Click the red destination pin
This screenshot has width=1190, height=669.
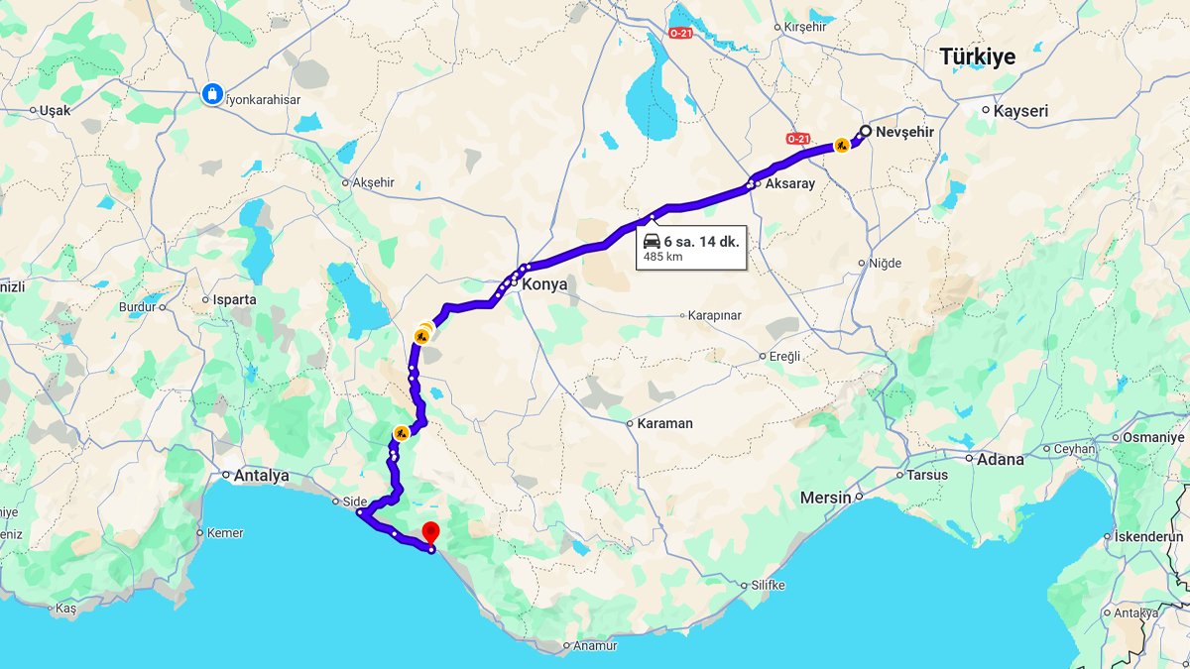pyautogui.click(x=430, y=533)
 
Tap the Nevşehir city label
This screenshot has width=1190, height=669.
pyautogui.click(x=905, y=131)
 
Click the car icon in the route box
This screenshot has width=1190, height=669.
pyautogui.click(x=652, y=241)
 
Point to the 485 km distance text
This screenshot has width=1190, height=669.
pyautogui.click(x=663, y=257)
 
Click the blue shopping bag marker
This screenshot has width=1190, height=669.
pyautogui.click(x=211, y=94)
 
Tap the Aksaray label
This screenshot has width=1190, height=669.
pyautogui.click(x=789, y=184)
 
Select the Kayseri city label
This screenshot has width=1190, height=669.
pyautogui.click(x=1020, y=111)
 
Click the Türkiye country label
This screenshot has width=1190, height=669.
pyautogui.click(x=977, y=57)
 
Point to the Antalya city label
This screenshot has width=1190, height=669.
pyautogui.click(x=261, y=476)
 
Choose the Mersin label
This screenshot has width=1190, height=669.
pyautogui.click(x=826, y=497)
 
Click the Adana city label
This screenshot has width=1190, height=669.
pyautogui.click(x=1000, y=459)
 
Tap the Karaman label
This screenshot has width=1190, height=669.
pyautogui.click(x=665, y=423)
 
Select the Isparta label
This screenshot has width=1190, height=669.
pyautogui.click(x=234, y=299)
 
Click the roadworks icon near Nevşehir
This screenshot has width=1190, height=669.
pyautogui.click(x=841, y=146)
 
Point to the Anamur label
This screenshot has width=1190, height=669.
pyautogui.click(x=595, y=645)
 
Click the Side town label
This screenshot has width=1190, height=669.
pyautogui.click(x=354, y=501)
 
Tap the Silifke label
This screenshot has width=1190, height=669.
pyautogui.click(x=768, y=585)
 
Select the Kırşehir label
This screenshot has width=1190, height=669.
pyautogui.click(x=804, y=27)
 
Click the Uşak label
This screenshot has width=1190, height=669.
pyautogui.click(x=55, y=111)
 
